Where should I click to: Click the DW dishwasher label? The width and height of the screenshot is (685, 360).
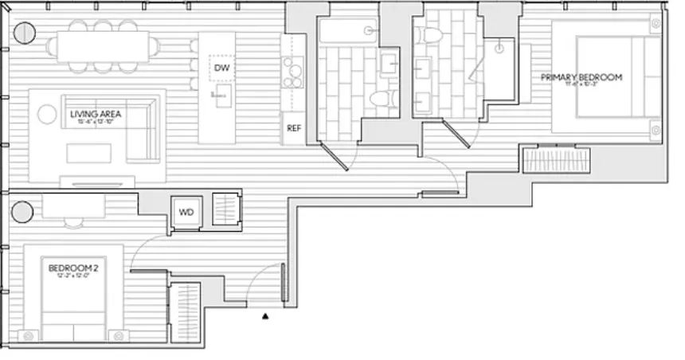221,68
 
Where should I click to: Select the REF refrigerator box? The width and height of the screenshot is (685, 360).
293,128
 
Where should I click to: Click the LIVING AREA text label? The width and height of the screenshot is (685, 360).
96,115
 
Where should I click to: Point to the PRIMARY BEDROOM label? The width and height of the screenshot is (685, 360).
581,77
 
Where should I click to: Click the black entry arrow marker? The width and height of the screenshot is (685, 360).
266,316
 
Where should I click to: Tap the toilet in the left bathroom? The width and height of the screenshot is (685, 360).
380,99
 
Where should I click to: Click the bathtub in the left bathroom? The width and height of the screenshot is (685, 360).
349,32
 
